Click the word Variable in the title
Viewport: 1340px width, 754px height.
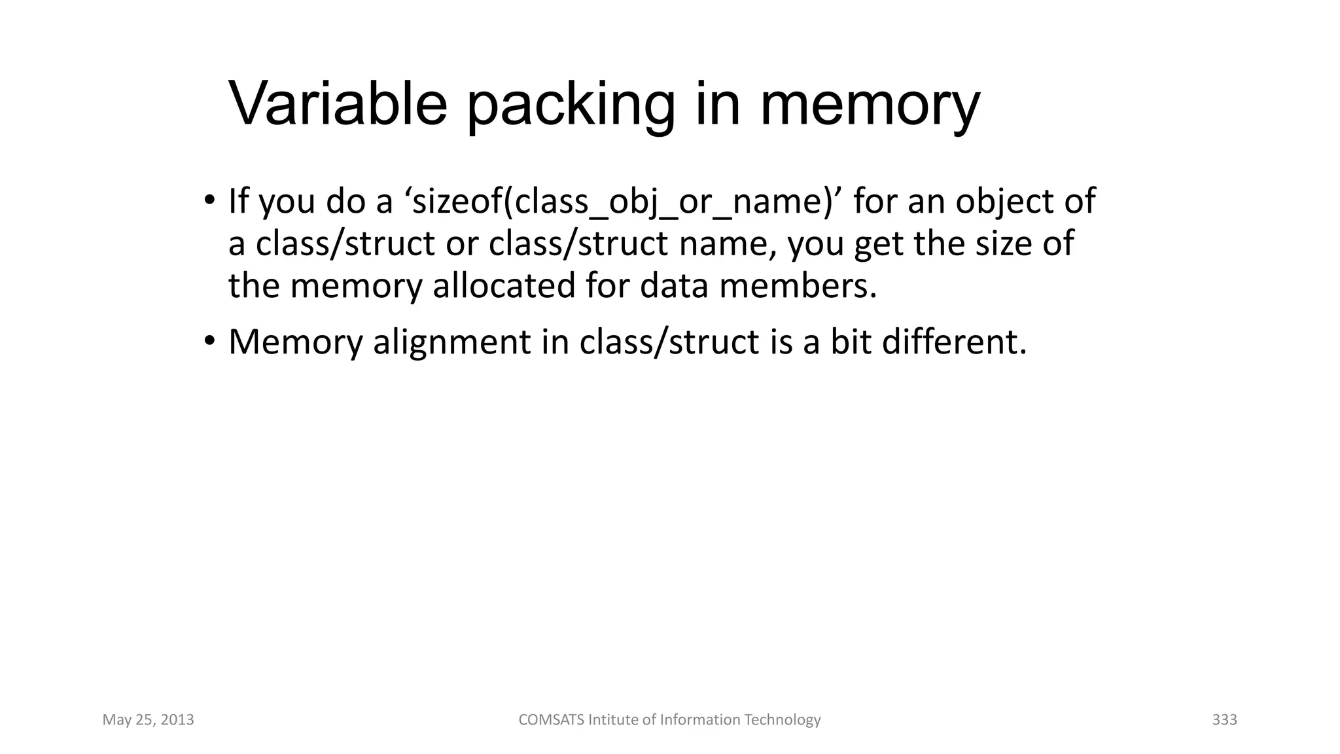click(x=338, y=104)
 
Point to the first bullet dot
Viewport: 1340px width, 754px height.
click(x=209, y=200)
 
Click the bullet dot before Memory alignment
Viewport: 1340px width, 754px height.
click(x=209, y=341)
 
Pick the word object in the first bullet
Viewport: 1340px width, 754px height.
click(x=1004, y=202)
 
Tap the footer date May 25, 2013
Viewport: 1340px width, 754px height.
click(x=149, y=720)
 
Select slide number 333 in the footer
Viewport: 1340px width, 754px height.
click(x=1224, y=720)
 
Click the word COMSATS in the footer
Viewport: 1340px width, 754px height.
click(x=552, y=720)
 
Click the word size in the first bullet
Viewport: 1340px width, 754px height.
click(x=1001, y=243)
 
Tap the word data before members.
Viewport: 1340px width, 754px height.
click(x=674, y=285)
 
